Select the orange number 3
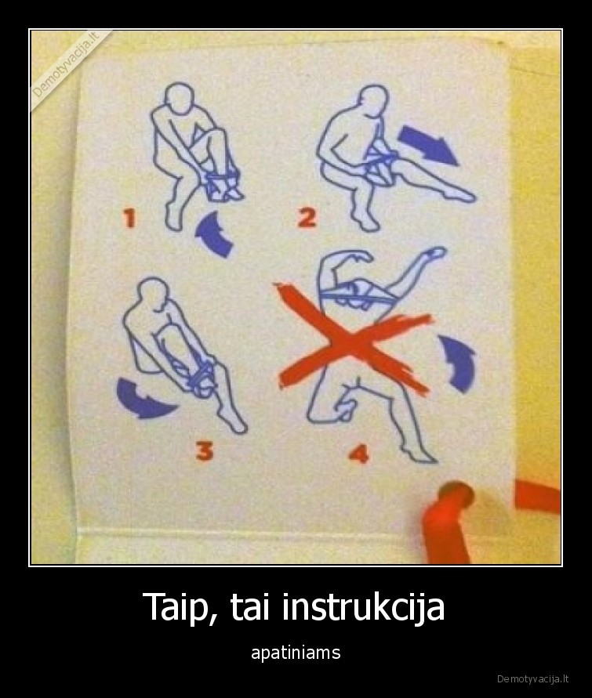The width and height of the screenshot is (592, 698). tap(205, 450)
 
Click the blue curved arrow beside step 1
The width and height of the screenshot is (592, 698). tap(213, 233)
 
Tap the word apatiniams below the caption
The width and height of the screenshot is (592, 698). tap(296, 652)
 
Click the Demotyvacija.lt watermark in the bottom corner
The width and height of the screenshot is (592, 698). tap(533, 678)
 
